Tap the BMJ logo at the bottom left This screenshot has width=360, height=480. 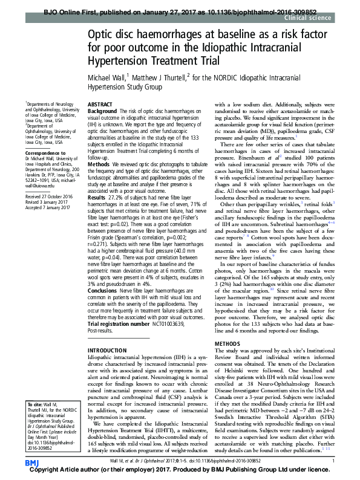(32, 462)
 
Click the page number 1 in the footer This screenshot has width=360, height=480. (333, 462)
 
